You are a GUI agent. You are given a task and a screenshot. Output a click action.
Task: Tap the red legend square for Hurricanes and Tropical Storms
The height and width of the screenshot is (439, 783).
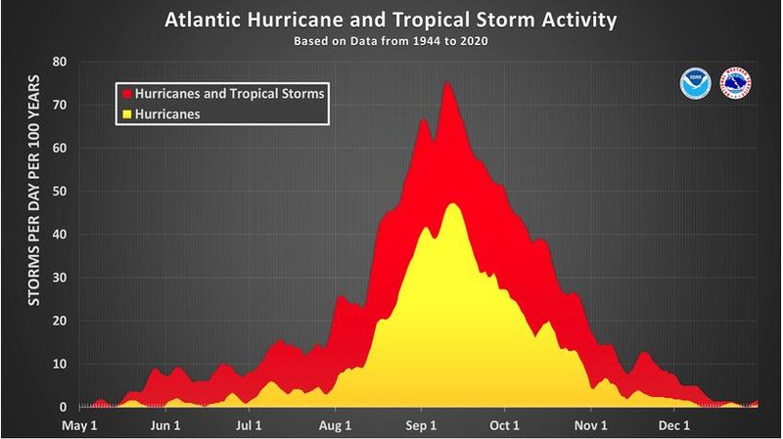[x=124, y=93]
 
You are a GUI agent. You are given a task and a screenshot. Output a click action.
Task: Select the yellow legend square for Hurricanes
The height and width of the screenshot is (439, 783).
[x=124, y=113]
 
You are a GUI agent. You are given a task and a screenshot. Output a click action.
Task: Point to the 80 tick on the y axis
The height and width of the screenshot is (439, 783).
[x=59, y=63]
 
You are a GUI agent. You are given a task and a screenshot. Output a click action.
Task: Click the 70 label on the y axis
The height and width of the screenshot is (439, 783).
[x=59, y=106]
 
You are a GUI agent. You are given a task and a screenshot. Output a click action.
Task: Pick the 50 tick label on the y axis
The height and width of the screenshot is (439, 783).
[x=59, y=192]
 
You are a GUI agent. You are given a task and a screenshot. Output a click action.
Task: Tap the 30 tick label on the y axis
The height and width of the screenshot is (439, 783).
[x=59, y=278]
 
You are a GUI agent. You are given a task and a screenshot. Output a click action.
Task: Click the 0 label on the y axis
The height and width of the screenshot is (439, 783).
[x=63, y=407]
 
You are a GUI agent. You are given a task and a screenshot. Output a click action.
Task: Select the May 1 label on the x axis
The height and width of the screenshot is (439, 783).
[x=79, y=425]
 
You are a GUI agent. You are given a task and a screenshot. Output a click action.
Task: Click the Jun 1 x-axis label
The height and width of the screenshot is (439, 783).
[x=164, y=425]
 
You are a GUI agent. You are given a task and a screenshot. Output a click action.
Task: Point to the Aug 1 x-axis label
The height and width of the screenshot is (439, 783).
[x=336, y=425]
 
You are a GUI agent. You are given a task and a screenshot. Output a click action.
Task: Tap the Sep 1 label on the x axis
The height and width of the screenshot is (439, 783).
[x=421, y=425]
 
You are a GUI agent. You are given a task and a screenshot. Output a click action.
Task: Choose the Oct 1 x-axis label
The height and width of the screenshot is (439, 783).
[x=505, y=425]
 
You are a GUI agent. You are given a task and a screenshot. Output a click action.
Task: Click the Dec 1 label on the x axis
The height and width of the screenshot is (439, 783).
[x=674, y=425]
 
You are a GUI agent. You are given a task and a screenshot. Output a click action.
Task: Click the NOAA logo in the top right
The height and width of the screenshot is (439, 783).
[x=694, y=84]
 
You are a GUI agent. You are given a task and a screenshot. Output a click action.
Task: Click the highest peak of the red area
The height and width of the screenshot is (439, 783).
[x=447, y=83]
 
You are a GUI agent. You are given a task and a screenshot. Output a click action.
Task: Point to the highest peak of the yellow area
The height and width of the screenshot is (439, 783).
[x=452, y=204]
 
